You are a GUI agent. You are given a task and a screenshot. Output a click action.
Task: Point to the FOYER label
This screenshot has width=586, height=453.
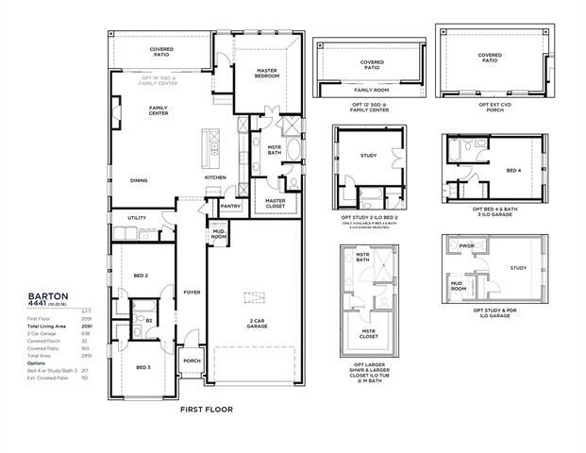(x=193, y=292)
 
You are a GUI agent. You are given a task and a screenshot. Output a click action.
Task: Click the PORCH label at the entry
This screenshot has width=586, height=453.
(x=193, y=360)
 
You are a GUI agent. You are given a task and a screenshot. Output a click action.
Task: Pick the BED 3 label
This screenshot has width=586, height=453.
(x=142, y=367)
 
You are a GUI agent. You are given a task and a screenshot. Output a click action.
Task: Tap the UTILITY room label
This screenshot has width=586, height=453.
(x=137, y=218)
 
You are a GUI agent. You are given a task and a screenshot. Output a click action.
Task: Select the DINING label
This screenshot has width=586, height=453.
(x=139, y=180)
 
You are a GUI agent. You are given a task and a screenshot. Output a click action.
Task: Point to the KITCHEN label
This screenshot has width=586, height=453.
(x=216, y=177)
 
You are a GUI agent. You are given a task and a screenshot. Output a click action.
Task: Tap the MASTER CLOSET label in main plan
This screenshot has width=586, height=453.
(x=276, y=203)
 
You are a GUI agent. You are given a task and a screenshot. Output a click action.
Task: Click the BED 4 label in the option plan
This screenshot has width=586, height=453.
(x=513, y=171)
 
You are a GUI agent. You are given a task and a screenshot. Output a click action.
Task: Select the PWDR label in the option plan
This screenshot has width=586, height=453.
(x=465, y=246)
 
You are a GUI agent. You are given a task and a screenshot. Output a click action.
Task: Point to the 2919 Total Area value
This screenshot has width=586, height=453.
(x=84, y=355)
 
